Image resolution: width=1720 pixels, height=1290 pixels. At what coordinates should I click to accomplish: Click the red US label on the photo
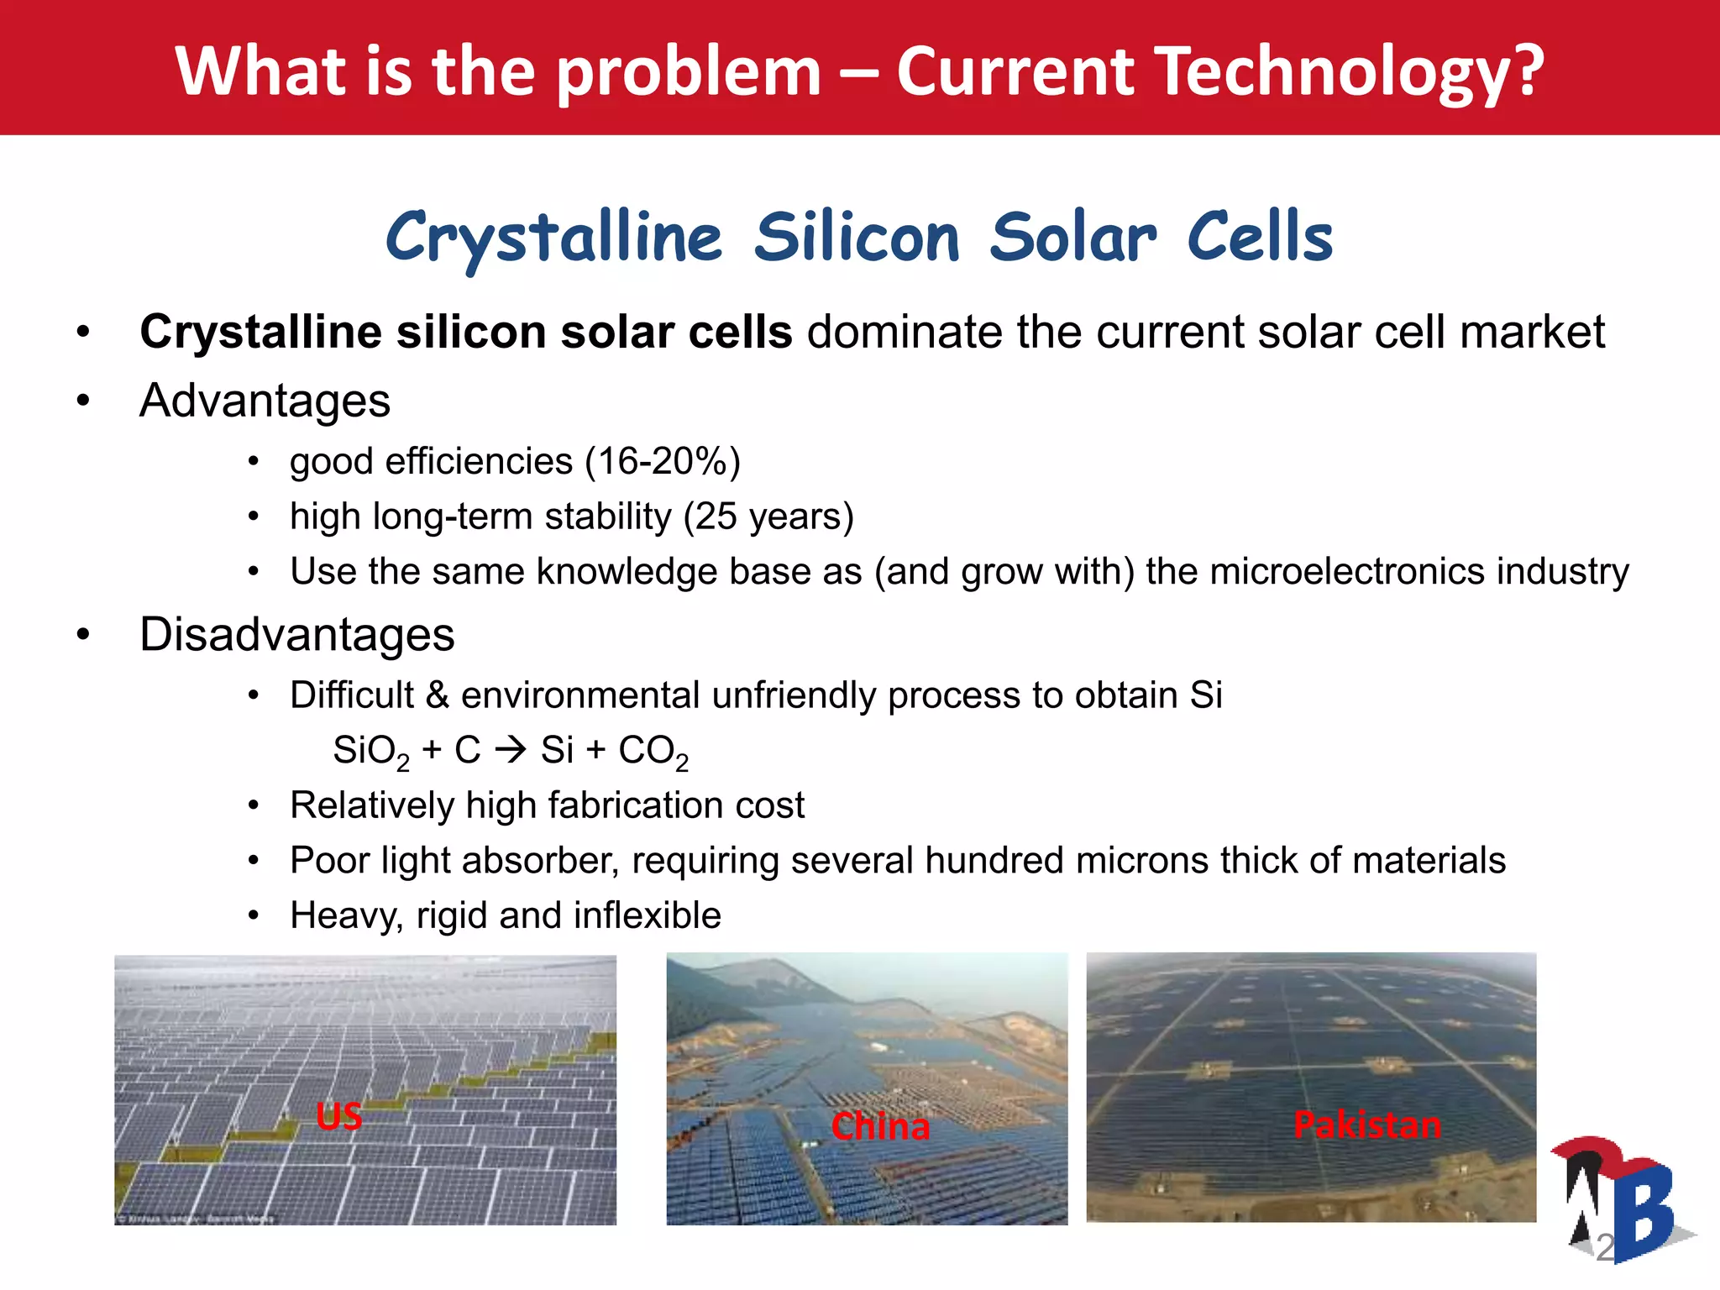338,1116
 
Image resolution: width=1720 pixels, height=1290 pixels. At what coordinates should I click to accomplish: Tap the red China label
879,1126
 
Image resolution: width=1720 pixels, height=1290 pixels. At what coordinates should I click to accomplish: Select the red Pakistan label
1366,1125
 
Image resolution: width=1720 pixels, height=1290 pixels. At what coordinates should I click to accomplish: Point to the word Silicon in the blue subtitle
856,238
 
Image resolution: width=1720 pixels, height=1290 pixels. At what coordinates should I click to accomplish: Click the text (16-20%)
663,461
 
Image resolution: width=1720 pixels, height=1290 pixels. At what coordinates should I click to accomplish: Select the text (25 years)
768,516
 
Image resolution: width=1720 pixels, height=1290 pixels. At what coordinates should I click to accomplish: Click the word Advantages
265,401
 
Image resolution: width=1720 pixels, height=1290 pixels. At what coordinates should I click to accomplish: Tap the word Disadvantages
296,634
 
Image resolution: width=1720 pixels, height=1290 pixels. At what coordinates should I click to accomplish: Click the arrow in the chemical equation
511,749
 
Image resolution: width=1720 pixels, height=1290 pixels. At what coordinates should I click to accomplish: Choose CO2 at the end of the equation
653,751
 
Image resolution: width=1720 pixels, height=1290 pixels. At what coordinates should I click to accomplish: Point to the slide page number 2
1604,1248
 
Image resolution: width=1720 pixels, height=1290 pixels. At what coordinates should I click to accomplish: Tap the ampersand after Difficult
437,695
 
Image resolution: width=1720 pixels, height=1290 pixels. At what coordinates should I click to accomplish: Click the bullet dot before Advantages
82,401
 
